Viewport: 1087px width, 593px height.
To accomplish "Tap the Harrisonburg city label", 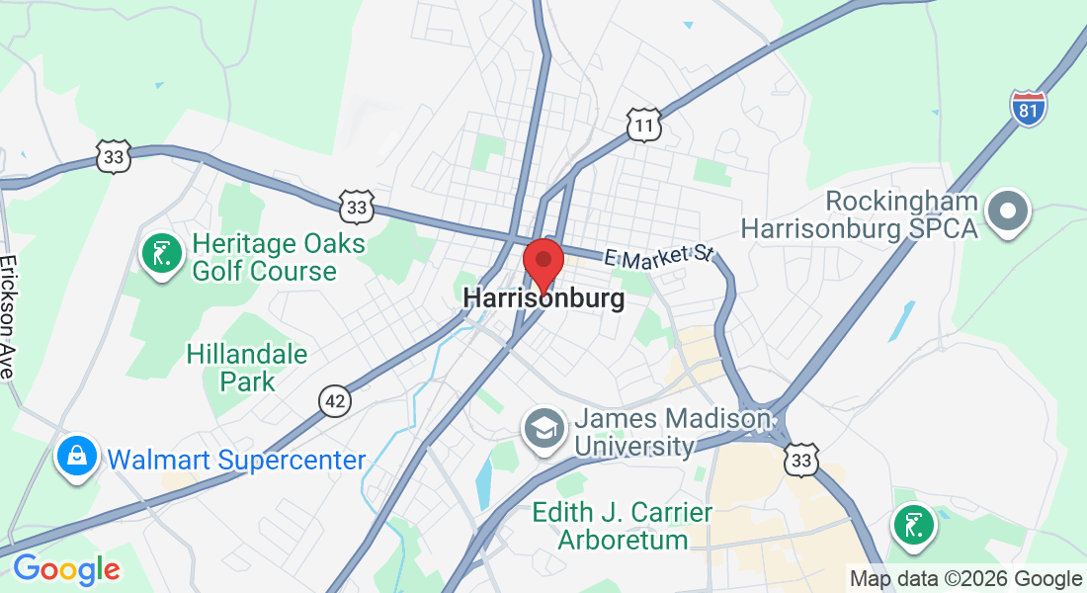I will pyautogui.click(x=543, y=298).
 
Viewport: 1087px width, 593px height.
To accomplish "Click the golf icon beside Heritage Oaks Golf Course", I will pyautogui.click(x=161, y=254).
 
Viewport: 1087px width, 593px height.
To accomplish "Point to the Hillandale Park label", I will pyautogui.click(x=247, y=367).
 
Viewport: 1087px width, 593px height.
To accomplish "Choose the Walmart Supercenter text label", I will pyautogui.click(x=236, y=460).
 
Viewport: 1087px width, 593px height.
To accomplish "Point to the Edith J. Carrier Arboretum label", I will pyautogui.click(x=623, y=526).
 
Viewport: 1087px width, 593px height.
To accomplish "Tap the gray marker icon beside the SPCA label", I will pyautogui.click(x=1009, y=211).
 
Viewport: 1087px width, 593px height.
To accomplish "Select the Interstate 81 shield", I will pyautogui.click(x=1029, y=107).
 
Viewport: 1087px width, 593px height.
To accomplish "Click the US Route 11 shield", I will pyautogui.click(x=643, y=126).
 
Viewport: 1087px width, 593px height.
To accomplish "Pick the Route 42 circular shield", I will pyautogui.click(x=335, y=400).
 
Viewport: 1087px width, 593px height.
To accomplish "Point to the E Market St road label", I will pyautogui.click(x=658, y=256).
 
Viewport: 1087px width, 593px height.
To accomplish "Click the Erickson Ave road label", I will pyautogui.click(x=9, y=317).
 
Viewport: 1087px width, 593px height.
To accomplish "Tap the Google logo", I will pyautogui.click(x=66, y=569).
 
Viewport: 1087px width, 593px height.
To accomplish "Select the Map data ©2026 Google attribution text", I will pyautogui.click(x=966, y=579).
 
